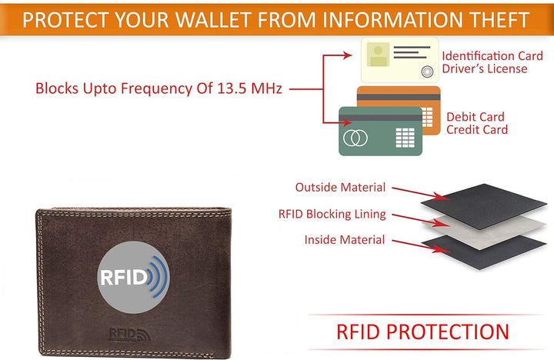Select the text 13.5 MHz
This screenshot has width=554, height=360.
(x=245, y=88)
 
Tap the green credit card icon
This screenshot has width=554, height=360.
(x=381, y=132)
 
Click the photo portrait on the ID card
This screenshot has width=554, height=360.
(x=378, y=56)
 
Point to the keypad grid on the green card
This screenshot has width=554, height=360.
(x=405, y=138)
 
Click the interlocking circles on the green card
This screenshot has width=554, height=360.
(x=355, y=139)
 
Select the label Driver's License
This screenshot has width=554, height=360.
(x=485, y=69)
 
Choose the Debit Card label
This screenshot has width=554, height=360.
(x=476, y=117)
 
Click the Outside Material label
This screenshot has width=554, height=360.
(x=340, y=188)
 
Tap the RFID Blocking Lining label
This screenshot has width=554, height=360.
(x=332, y=214)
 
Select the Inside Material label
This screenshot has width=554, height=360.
(x=344, y=240)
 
